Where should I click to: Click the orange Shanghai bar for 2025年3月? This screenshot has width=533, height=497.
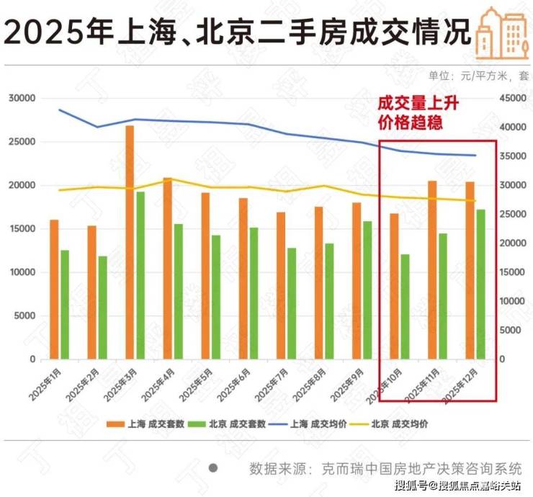click(130, 242)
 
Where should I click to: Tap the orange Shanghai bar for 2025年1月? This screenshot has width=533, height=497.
click(54, 289)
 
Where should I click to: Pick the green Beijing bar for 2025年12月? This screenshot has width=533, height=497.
click(480, 284)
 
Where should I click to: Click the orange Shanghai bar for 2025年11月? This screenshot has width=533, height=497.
click(432, 269)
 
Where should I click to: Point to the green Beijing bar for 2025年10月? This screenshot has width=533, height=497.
click(405, 306)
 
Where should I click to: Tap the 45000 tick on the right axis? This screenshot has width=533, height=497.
click(514, 98)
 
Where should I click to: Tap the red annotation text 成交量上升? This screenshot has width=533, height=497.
click(413, 105)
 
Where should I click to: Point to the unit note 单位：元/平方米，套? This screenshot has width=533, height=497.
click(479, 75)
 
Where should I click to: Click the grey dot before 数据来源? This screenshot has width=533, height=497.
click(213, 467)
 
